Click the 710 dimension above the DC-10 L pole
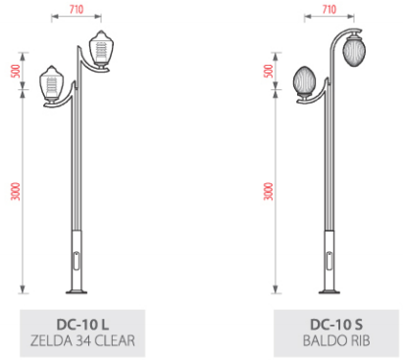76,9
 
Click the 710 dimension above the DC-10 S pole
329,9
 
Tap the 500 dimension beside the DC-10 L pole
16,71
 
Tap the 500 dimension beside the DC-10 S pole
269,71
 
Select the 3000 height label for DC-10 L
16,191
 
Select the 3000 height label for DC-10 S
269,191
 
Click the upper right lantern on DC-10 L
101,49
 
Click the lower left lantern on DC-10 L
52,83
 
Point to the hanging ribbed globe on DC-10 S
354,50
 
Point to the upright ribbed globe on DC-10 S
304,81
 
